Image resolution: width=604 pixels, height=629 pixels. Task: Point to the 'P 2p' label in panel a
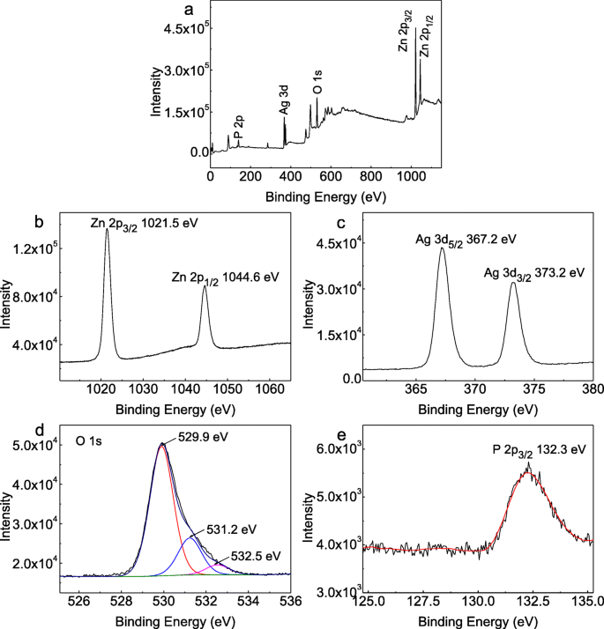238,127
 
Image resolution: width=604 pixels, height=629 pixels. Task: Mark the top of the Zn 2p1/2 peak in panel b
205,286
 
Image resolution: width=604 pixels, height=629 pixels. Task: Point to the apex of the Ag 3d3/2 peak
513,283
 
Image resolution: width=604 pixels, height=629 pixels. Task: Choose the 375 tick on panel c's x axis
533,386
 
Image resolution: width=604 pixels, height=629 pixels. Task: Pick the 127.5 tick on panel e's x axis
422,603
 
